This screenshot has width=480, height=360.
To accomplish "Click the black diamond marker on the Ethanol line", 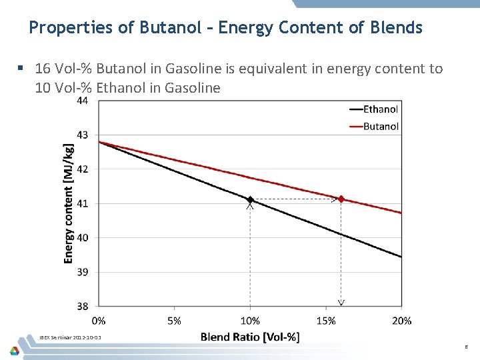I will coord(250,199).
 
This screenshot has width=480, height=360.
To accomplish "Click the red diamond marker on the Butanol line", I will coord(341,199).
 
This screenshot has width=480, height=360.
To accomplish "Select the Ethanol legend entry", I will coord(380,109).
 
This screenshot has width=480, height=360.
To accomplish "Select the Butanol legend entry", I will coord(381,126).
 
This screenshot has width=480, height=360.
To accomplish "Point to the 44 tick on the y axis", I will coord(83,101).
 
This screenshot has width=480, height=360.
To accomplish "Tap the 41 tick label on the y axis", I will coord(83,203).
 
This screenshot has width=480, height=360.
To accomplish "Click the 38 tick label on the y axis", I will coord(83,307).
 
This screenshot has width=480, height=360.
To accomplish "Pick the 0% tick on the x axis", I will coord(99,321).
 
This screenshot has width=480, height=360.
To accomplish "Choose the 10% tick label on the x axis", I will coord(250,321).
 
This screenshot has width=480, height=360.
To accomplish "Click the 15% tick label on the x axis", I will coord(326,321).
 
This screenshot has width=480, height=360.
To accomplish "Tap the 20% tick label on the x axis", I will coord(401,321).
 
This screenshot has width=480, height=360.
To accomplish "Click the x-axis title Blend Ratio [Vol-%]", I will coord(250,337).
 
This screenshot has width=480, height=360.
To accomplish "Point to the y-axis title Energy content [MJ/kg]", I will coord(69,203).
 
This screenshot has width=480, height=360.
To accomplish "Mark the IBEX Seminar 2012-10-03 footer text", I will coord(71,338).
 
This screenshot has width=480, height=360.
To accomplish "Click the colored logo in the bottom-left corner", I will coord(15,350).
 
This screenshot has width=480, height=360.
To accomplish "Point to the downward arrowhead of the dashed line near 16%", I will coord(341,303).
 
